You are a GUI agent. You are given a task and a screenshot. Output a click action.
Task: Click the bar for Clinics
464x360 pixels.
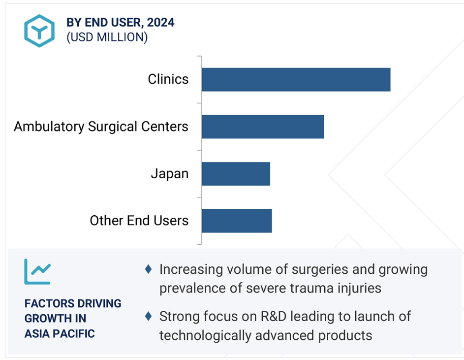[296, 80]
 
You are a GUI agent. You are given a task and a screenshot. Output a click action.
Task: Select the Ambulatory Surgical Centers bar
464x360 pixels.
[263, 127]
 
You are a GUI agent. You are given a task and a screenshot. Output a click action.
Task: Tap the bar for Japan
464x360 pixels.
[236, 174]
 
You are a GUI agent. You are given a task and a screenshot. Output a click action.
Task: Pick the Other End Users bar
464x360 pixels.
[237, 221]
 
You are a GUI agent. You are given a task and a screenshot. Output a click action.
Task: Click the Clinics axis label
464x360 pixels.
[168, 79]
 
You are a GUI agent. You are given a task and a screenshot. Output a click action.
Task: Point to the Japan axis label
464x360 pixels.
[169, 174]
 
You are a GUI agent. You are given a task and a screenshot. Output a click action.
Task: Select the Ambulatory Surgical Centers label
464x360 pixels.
[101, 127]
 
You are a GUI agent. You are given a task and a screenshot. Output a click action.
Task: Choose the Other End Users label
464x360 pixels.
[139, 221]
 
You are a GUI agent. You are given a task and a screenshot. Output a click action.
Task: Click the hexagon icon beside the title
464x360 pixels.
[39, 31]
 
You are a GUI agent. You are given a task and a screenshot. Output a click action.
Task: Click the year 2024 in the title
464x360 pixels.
[160, 23]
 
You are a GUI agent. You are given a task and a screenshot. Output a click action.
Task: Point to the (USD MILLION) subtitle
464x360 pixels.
[107, 37]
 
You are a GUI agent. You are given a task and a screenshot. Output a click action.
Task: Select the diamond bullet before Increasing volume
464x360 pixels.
[148, 269]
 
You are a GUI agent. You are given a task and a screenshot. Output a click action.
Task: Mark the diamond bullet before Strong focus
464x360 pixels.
[148, 316]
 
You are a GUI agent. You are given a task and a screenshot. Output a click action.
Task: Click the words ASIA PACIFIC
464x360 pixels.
[60, 333]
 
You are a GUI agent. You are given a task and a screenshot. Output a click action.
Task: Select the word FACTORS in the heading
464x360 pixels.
[49, 303]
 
